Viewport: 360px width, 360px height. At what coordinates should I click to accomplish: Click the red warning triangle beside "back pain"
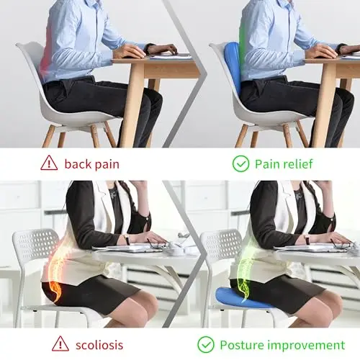point(49,163)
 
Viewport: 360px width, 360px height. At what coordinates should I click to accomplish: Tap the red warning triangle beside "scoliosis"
point(60,344)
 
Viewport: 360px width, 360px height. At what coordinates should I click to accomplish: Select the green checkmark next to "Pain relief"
point(240,163)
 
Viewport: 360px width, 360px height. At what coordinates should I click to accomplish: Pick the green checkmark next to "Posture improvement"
point(206,345)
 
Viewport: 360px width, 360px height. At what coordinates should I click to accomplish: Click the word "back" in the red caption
point(78,164)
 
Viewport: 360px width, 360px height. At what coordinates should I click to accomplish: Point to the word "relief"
point(298,164)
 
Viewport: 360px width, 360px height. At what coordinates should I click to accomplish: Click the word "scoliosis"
point(99,345)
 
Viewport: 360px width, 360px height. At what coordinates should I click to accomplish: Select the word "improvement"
point(306,346)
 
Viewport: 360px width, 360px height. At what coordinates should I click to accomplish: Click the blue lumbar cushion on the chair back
point(233,65)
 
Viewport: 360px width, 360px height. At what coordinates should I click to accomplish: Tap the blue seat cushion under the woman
point(243,298)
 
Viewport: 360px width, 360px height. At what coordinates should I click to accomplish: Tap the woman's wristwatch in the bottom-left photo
point(126,239)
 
